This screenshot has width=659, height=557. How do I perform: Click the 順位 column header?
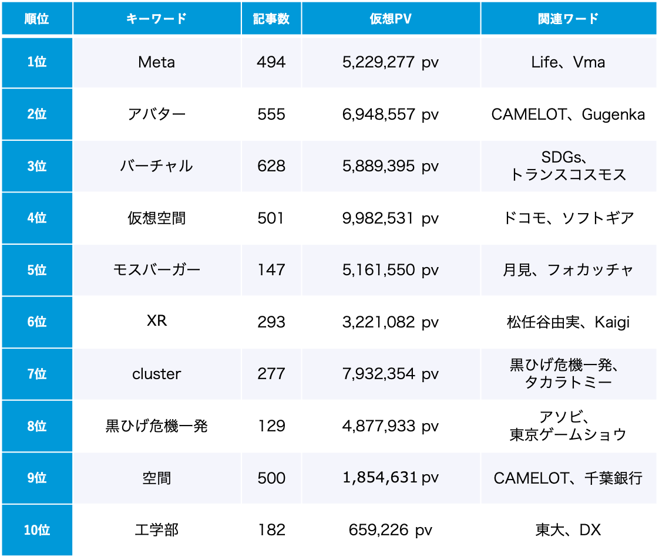[x=36, y=18]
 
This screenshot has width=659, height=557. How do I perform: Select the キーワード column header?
[x=156, y=18]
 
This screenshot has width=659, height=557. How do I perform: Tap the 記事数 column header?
[x=271, y=18]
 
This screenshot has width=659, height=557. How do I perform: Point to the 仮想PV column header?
[x=391, y=18]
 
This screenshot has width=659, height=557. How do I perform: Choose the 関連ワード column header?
[x=568, y=18]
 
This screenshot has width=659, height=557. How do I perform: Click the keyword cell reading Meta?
[x=156, y=62]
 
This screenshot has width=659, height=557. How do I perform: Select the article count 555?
[x=271, y=114]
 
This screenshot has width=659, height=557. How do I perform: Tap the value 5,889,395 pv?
[x=391, y=166]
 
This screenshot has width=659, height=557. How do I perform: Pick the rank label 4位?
[x=36, y=218]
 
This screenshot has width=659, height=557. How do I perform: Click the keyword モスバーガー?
[x=156, y=270]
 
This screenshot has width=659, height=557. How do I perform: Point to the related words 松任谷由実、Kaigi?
[x=568, y=322]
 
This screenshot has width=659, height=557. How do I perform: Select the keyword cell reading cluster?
[x=156, y=374]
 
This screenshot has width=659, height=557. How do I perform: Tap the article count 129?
[x=271, y=426]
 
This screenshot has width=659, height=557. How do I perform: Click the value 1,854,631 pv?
[x=391, y=478]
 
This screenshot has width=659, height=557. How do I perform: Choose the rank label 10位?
[x=36, y=530]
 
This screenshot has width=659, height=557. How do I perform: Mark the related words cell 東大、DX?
[x=568, y=530]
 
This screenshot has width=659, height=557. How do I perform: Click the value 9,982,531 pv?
[x=391, y=218]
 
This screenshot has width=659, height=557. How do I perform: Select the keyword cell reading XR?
[x=156, y=322]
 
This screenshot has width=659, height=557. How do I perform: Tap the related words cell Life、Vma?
[x=568, y=62]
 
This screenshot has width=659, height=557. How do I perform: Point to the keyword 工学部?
[x=156, y=530]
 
